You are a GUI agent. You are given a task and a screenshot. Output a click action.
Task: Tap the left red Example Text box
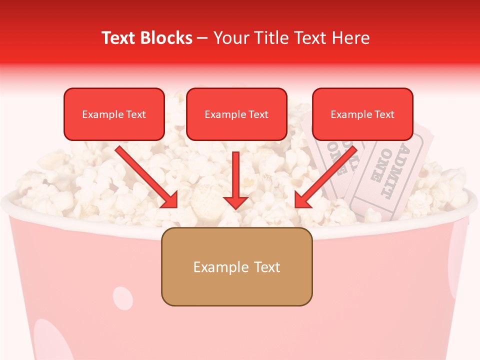(x=114, y=114)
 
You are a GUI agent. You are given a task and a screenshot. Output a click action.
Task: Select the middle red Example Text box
(x=236, y=114)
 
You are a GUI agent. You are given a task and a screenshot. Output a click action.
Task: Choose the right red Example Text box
(x=362, y=114)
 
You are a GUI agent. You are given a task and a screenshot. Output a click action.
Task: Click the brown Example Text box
(x=237, y=266)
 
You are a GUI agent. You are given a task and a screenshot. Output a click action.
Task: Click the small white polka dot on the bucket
(x=122, y=297)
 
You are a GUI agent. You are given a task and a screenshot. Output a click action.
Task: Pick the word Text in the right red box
(x=384, y=114)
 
